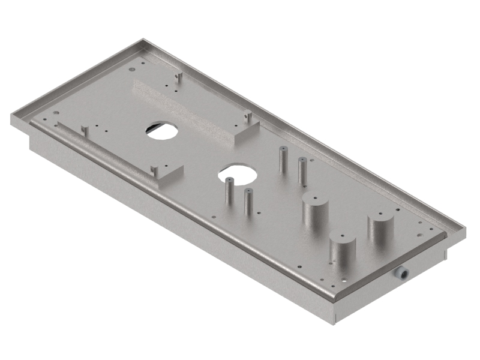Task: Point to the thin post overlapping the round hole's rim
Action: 229,192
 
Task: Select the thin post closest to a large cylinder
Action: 302,169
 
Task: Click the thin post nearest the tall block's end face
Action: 281,159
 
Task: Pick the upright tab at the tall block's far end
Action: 178,78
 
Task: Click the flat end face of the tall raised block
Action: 247,134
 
